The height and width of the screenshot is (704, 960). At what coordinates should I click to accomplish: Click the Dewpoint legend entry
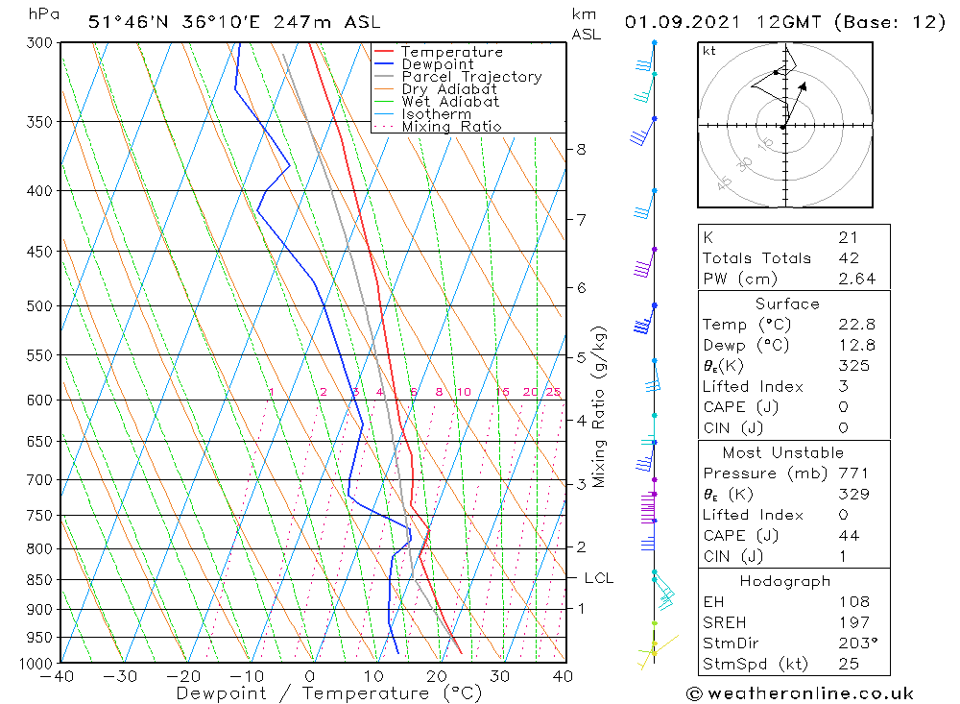point(437,64)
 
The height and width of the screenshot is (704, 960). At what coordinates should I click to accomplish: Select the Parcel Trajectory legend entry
point(470,77)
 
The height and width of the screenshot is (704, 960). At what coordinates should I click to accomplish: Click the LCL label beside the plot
point(598,578)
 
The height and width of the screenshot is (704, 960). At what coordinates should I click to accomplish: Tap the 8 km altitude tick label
point(581,149)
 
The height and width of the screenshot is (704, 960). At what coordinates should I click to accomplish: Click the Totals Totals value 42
point(847,258)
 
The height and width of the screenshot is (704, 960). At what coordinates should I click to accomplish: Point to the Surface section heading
point(787,303)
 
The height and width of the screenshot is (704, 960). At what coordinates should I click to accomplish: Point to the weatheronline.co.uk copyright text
point(800,693)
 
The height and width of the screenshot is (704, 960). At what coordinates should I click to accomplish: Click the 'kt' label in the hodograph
point(708,51)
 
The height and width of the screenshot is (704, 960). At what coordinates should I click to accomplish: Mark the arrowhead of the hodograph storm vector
point(804,84)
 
